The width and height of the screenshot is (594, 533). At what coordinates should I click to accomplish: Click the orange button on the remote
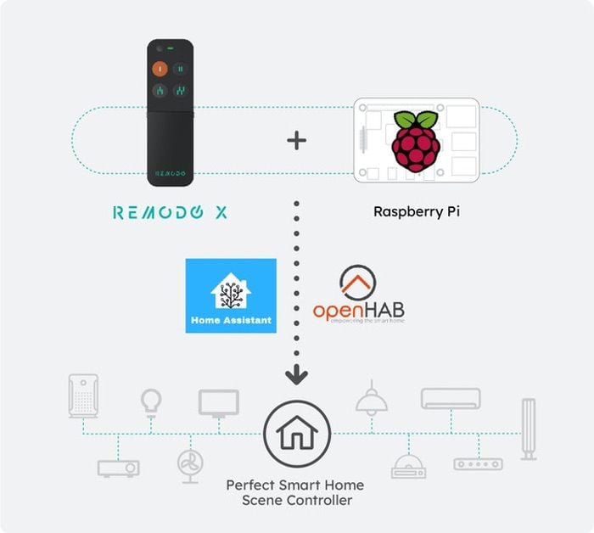point(160,69)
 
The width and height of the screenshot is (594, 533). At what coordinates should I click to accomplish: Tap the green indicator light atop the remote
point(181,48)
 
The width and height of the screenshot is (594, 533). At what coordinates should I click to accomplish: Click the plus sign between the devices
point(296,140)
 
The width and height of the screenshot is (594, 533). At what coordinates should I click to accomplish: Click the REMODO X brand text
point(170,212)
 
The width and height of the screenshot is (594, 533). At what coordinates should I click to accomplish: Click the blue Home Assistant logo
point(232,295)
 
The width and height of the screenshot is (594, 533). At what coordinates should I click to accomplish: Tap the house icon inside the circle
point(296,434)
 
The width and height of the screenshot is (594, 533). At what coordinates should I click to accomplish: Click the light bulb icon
point(151,401)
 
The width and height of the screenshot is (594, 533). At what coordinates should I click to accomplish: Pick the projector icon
point(118,467)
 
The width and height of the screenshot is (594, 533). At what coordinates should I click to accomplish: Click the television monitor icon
point(218,403)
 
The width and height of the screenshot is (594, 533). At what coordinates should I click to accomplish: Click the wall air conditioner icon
point(450,398)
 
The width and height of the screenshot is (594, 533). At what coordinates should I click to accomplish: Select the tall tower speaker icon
point(529,429)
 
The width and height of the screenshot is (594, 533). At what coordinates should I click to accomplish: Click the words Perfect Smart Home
point(294,485)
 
